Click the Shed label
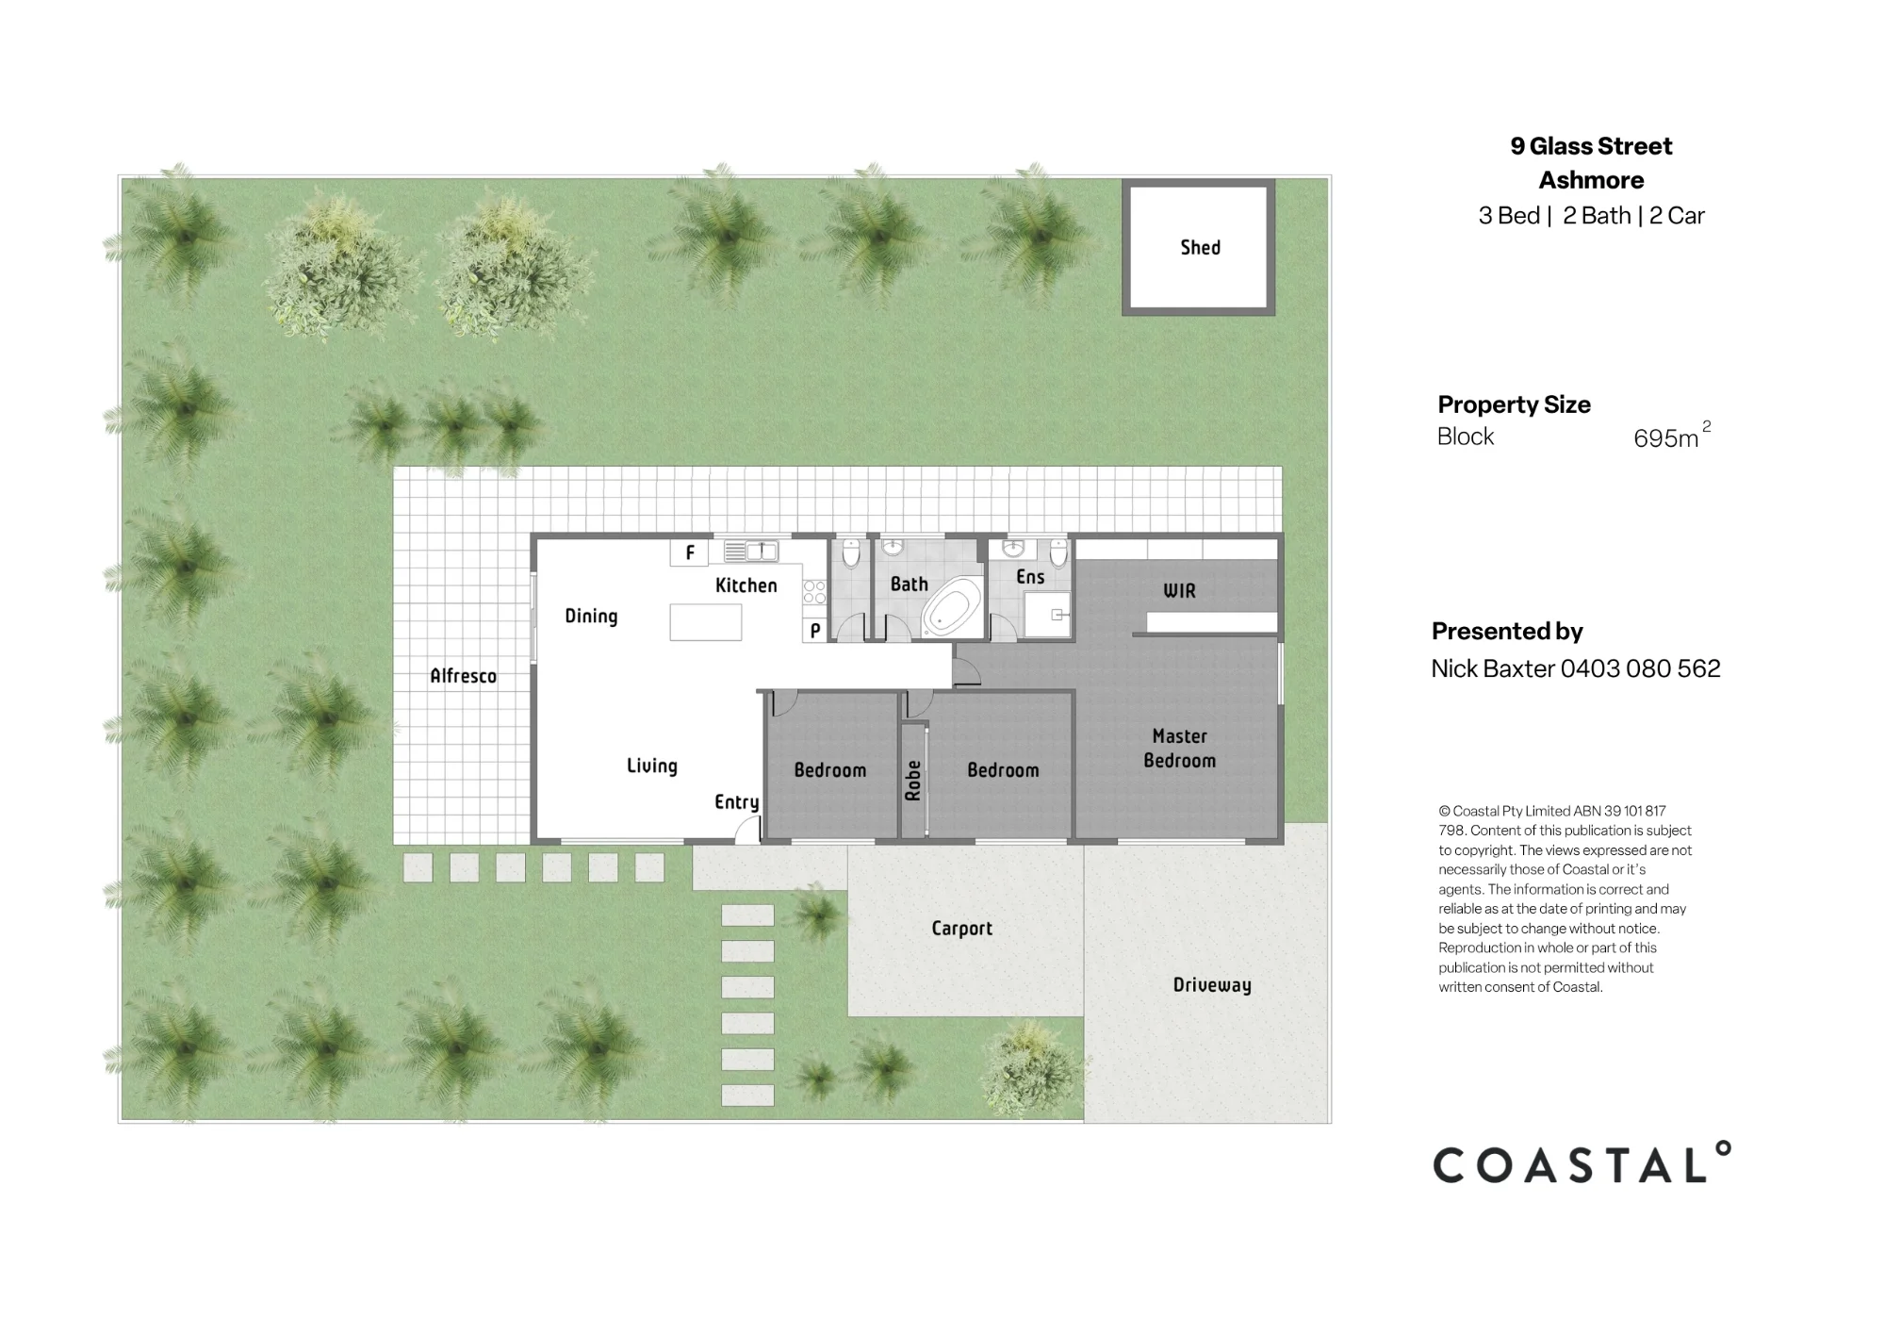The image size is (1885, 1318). click(x=1200, y=247)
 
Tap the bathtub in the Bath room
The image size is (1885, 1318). click(x=950, y=608)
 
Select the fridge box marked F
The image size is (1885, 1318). click(x=689, y=552)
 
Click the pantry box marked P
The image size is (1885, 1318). click(x=815, y=630)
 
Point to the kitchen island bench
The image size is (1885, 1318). click(x=706, y=622)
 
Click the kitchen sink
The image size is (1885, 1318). click(x=750, y=551)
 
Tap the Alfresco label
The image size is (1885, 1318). click(x=463, y=676)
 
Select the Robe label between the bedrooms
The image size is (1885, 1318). click(x=912, y=781)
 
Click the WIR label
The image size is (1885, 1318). click(x=1179, y=591)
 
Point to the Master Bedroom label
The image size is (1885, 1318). click(x=1179, y=749)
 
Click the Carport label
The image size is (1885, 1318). click(x=961, y=929)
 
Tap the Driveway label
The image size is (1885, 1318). click(x=1212, y=985)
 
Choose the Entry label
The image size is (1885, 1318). click(x=736, y=802)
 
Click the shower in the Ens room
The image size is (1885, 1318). click(x=1048, y=616)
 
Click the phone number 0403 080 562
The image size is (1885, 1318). click(x=1641, y=668)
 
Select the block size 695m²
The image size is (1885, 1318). click(x=1672, y=436)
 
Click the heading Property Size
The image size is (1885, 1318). click(x=1514, y=404)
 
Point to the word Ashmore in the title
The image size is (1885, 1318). click(x=1591, y=180)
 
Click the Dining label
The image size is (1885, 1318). click(x=591, y=617)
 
